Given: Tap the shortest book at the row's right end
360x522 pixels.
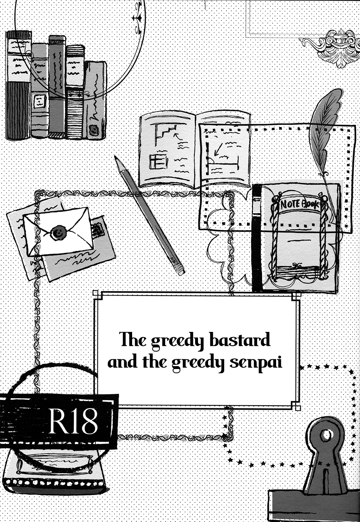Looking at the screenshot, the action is pyautogui.click(x=95, y=100).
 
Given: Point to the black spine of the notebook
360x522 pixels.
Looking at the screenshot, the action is pyautogui.click(x=257, y=238).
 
